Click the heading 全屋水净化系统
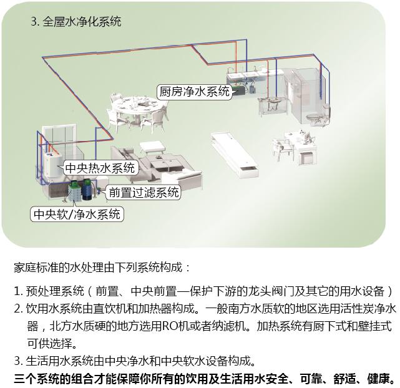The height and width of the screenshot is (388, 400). click(82, 21)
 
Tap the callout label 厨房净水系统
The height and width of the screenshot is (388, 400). click(195, 92)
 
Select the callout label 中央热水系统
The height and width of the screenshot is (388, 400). click(100, 168)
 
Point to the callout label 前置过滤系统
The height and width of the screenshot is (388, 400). click(144, 192)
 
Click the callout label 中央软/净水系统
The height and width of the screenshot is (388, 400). click(77, 214)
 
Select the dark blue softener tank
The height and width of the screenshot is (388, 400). click(87, 190)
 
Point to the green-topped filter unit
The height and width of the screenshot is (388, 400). click(74, 191)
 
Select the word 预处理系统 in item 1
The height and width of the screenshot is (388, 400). click(55, 291)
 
